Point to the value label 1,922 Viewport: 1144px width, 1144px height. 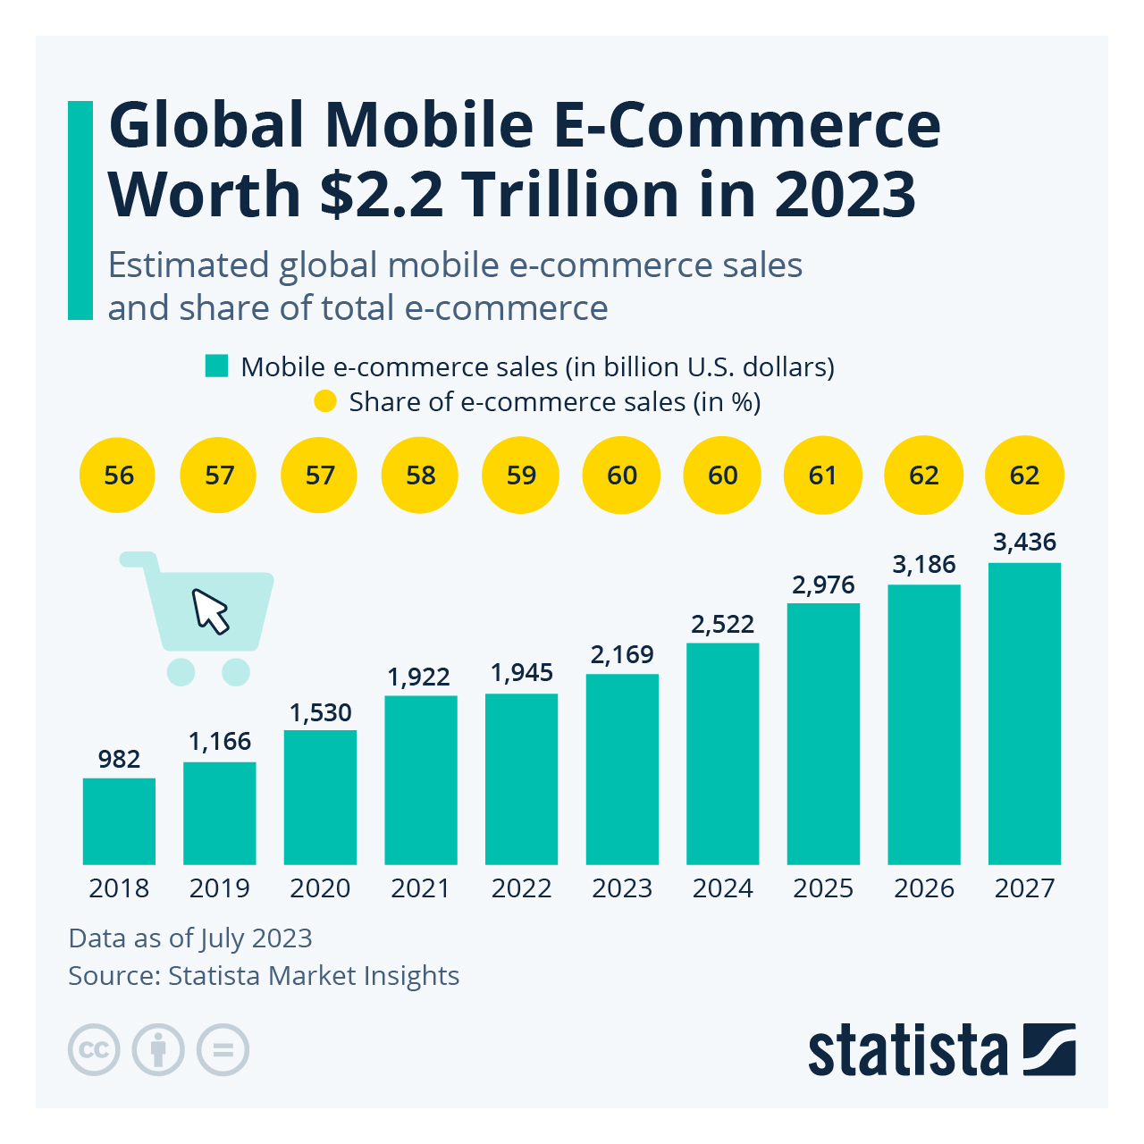click(x=418, y=677)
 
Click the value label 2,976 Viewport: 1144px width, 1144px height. click(x=823, y=585)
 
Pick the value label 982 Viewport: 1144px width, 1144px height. click(x=119, y=759)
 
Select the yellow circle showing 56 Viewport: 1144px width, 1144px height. click(x=118, y=475)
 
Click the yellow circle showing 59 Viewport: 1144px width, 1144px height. click(x=521, y=475)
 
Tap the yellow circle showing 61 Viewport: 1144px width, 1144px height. click(x=822, y=475)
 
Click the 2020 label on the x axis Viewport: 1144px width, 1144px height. click(x=320, y=888)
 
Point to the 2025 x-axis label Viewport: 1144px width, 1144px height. click(x=823, y=888)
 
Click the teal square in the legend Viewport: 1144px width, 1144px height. click(x=216, y=366)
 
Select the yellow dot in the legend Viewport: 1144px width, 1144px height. click(x=325, y=402)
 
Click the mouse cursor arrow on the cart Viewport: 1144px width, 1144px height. click(x=211, y=611)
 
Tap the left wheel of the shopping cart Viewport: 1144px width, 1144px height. click(x=181, y=671)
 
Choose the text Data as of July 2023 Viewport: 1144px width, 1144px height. click(x=190, y=938)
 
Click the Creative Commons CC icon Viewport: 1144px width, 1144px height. click(x=94, y=1049)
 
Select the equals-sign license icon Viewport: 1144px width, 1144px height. click(x=223, y=1049)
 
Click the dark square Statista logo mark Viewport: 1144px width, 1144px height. click(x=1049, y=1049)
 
